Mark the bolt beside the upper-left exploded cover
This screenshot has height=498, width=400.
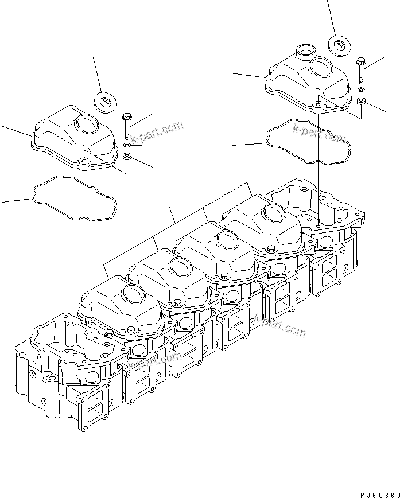pyautogui.click(x=127, y=126)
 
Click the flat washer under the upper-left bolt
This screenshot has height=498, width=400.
pyautogui.click(x=127, y=146)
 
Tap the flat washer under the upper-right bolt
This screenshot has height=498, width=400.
pyautogui.click(x=360, y=90)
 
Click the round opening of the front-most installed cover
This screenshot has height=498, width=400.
pyautogui.click(x=135, y=294)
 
